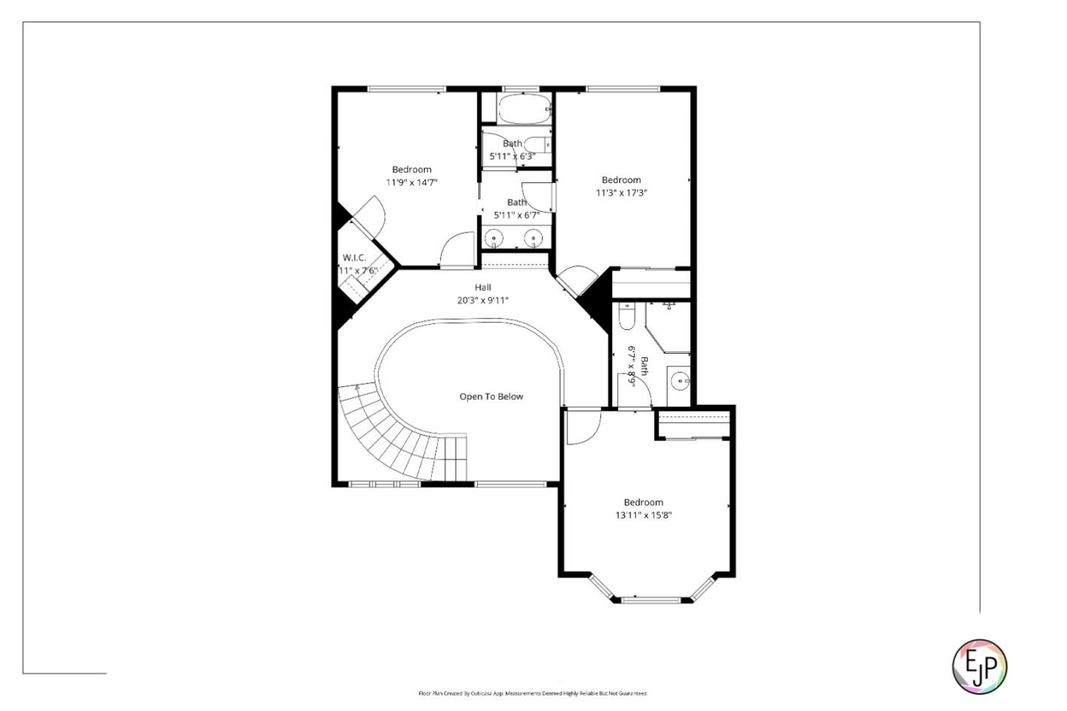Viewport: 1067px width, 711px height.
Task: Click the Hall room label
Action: [x=482, y=288]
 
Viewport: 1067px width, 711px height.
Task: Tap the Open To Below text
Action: [x=491, y=397]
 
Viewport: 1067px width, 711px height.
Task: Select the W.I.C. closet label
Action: [x=354, y=258]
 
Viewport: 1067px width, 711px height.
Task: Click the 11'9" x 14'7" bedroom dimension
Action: [x=411, y=182]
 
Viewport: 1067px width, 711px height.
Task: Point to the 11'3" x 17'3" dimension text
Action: [x=621, y=193]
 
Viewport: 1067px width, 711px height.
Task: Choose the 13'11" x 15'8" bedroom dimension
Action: [x=643, y=515]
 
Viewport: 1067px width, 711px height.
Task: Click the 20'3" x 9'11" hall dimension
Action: [x=482, y=300]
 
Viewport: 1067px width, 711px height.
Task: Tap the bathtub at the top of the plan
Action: [x=524, y=110]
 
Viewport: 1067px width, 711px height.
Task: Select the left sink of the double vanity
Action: [x=494, y=238]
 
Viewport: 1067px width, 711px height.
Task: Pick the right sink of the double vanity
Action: [x=533, y=238]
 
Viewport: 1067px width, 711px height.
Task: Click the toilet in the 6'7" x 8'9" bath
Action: [x=626, y=317]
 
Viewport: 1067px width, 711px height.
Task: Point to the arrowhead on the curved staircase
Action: [x=357, y=386]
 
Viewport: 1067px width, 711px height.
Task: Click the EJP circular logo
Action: [x=979, y=667]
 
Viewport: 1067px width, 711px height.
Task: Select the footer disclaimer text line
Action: [x=533, y=693]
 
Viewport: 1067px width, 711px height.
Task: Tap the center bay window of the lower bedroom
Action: [x=651, y=599]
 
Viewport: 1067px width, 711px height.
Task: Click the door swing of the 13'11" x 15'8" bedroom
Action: [x=583, y=428]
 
